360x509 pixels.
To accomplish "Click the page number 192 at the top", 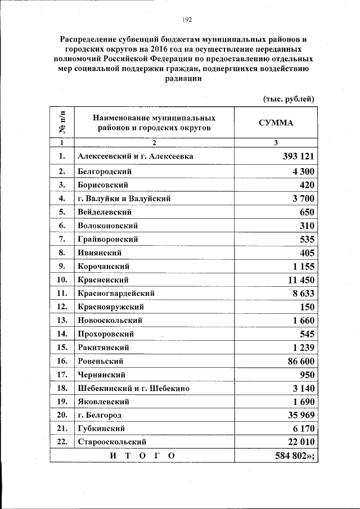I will click(187, 20).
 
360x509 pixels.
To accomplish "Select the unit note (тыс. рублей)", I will click(289, 99).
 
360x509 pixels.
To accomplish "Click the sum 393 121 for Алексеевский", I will click(294, 156).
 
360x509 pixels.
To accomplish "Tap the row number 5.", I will click(62, 212).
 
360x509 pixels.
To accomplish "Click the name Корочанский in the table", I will click(104, 266).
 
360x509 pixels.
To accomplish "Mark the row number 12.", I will click(62, 307).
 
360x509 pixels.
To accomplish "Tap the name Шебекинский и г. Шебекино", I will click(133, 388).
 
